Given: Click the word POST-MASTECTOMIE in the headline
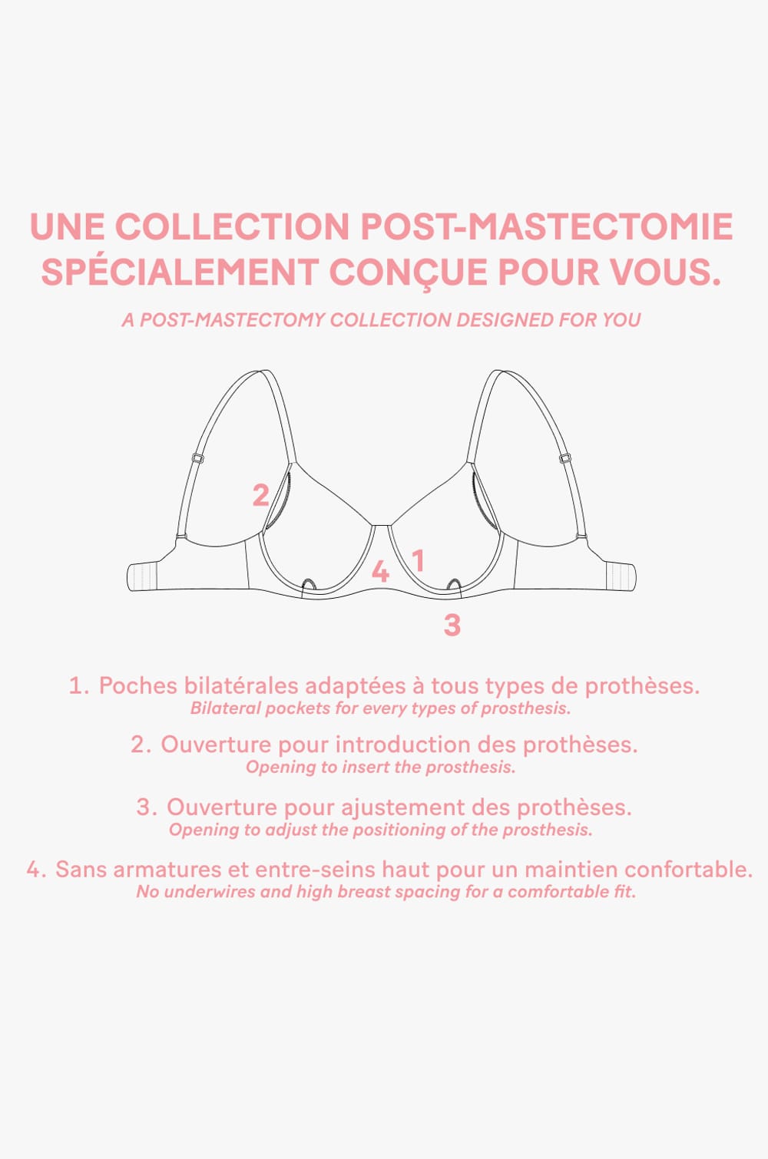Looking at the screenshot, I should (546, 226).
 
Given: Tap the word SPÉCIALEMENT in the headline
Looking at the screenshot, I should (180, 272).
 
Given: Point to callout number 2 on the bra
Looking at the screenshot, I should (261, 495).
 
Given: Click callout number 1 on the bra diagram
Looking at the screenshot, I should (419, 561).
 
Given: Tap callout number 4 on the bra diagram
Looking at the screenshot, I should (380, 572).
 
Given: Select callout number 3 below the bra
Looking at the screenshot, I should (452, 625).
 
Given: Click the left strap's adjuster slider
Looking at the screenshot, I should (197, 458).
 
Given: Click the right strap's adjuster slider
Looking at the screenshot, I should (565, 458).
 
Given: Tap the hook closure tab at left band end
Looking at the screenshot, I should (141, 577).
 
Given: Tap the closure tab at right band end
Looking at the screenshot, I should (621, 577).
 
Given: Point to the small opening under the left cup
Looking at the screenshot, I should (308, 586).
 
